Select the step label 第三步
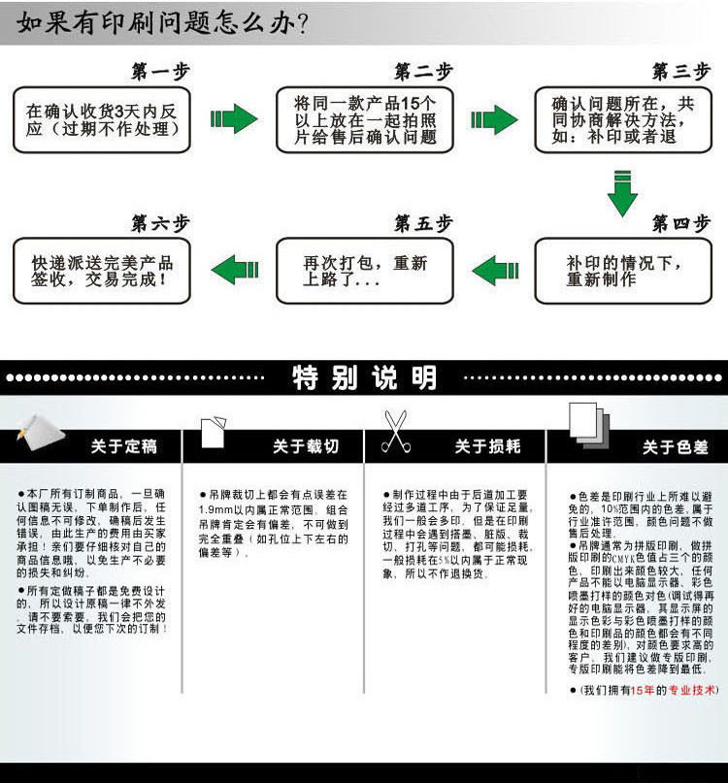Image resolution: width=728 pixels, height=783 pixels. (x=680, y=72)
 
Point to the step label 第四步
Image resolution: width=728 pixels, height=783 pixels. (x=680, y=224)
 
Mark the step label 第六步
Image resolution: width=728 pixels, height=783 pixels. (x=160, y=224)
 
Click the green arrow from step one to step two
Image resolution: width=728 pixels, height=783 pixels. (x=233, y=119)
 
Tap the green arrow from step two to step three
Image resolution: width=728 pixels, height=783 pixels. (x=494, y=119)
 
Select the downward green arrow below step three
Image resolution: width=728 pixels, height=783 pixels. (x=622, y=192)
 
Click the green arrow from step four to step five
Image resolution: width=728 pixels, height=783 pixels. (x=494, y=271)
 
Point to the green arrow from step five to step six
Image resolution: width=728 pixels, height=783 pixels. (x=235, y=271)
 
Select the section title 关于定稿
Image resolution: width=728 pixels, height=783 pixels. (x=123, y=446)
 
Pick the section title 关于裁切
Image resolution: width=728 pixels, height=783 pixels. (x=305, y=446)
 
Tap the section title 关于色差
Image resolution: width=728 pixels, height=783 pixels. (x=676, y=447)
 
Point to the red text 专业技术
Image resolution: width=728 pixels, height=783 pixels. (x=692, y=690)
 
